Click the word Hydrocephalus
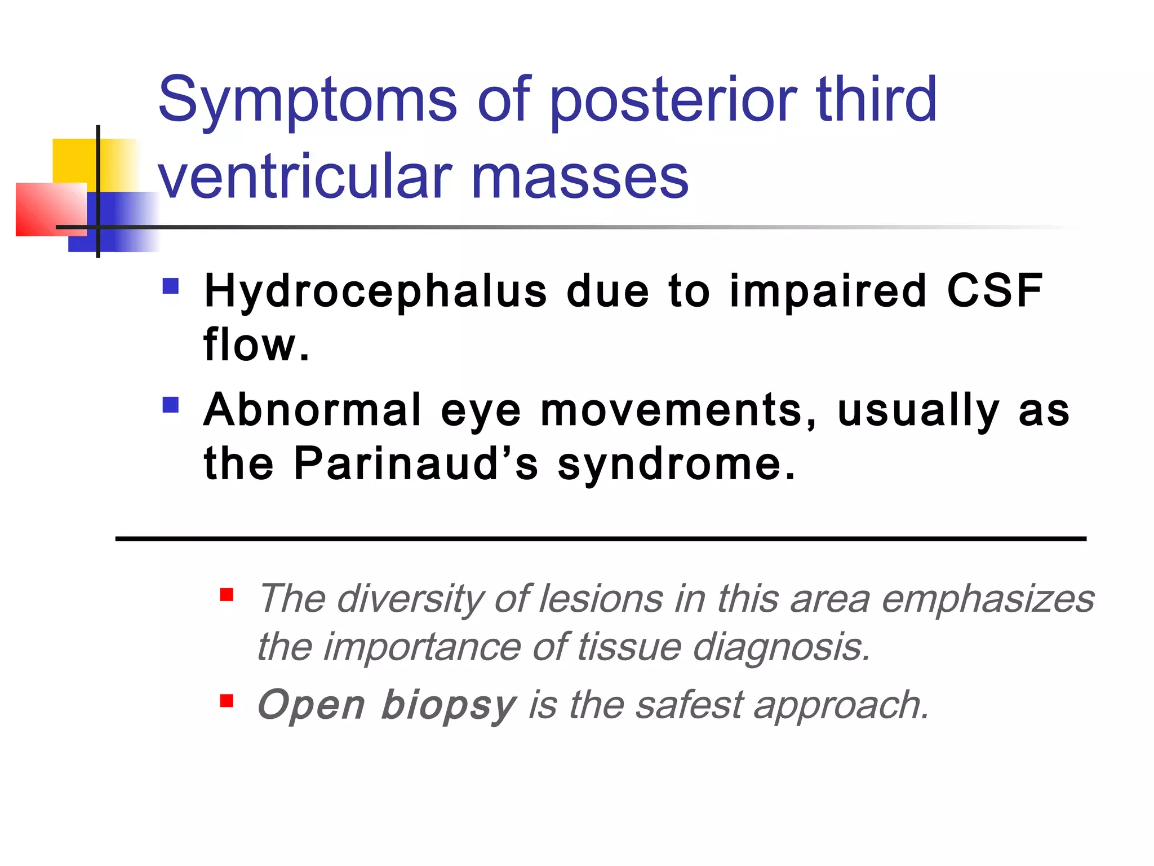pos(375,291)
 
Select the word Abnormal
pos(313,410)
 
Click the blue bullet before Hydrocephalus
pos(170,286)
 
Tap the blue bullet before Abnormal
pos(170,405)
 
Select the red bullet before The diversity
pos(227,595)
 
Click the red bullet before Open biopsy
pos(227,701)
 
